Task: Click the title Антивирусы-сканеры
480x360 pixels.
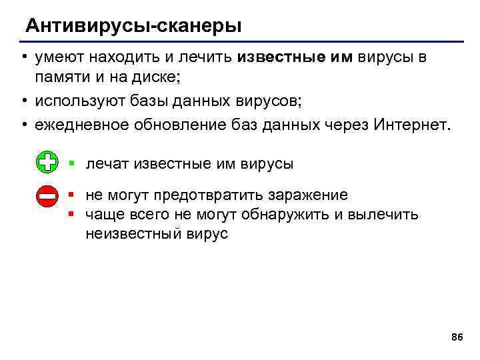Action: point(133,27)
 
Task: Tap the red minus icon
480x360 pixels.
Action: point(47,196)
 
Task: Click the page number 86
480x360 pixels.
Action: point(457,337)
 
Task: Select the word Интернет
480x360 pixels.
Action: point(413,125)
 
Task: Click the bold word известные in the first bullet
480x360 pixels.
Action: point(279,58)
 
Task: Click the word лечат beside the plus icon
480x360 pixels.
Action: point(107,163)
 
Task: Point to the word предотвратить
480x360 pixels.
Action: point(210,195)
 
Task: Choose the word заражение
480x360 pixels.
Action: point(308,195)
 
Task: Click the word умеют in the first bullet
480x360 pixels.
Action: point(57,58)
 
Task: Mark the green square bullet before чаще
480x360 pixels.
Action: point(71,214)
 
